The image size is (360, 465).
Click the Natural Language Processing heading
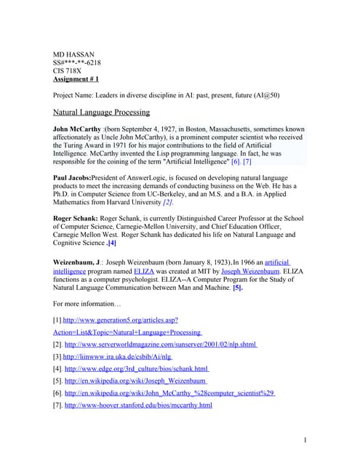click(102, 113)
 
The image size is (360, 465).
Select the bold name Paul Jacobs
click(77, 177)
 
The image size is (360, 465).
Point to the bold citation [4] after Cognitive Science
click(111, 243)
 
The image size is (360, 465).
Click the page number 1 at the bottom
click(306, 440)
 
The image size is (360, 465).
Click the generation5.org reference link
click(121, 320)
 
